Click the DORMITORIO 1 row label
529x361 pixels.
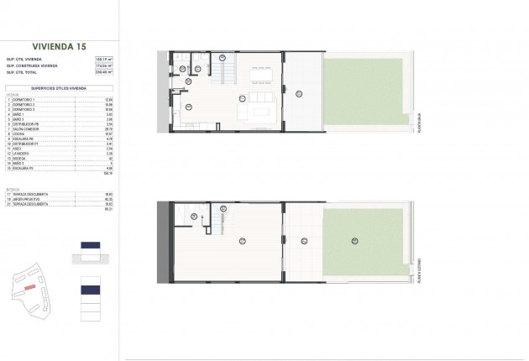(x=25, y=101)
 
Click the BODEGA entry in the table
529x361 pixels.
(x=20, y=160)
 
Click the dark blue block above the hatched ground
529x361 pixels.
(x=90, y=245)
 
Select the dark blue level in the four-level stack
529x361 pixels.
(x=90, y=289)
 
